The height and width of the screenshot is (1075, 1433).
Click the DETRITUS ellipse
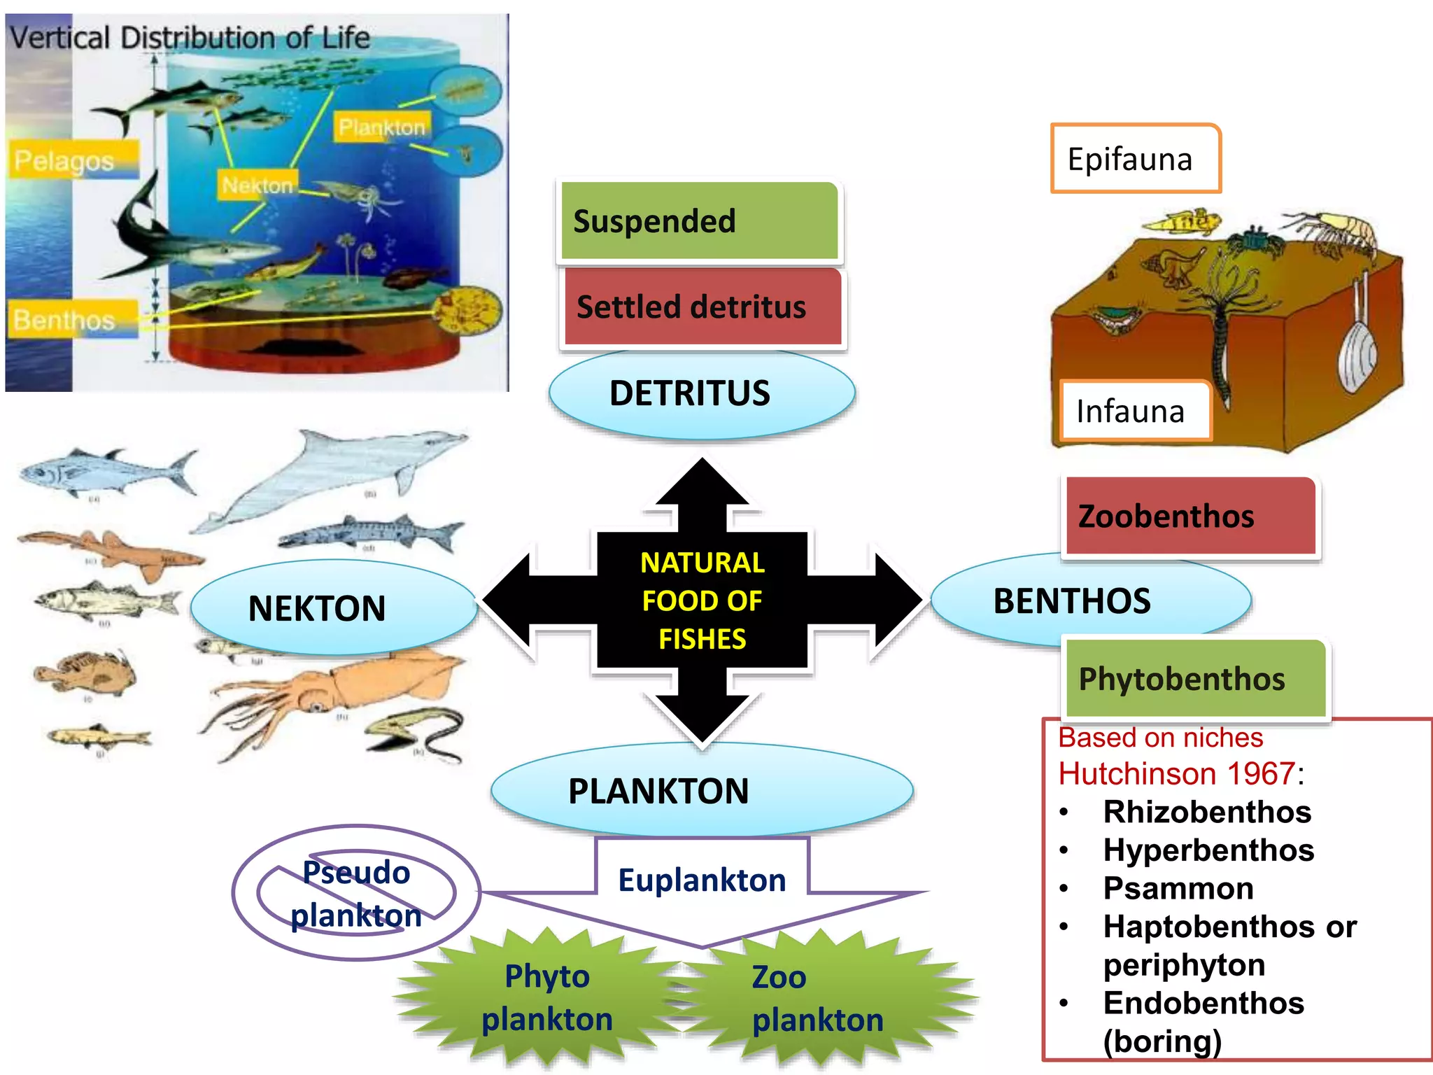pyautogui.click(x=701, y=394)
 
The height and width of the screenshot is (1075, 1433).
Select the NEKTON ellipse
pyautogui.click(x=333, y=607)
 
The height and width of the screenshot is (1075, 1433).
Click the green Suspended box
pyautogui.click(x=700, y=221)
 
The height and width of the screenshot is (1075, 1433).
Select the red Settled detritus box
pyautogui.click(x=703, y=307)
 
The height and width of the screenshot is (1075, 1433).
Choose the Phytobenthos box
pyautogui.click(x=1195, y=679)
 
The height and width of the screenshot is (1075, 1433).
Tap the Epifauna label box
pyautogui.click(x=1135, y=159)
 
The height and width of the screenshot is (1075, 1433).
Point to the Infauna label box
pyautogui.click(x=1134, y=412)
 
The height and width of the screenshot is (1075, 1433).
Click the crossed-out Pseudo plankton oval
pyautogui.click(x=356, y=893)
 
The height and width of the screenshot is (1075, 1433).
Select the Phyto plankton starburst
pyautogui.click(x=547, y=998)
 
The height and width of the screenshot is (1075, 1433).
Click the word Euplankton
pyautogui.click(x=702, y=880)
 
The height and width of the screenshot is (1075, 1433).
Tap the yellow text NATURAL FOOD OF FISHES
pyautogui.click(x=703, y=600)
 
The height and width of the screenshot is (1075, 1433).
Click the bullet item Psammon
pyautogui.click(x=1178, y=888)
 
